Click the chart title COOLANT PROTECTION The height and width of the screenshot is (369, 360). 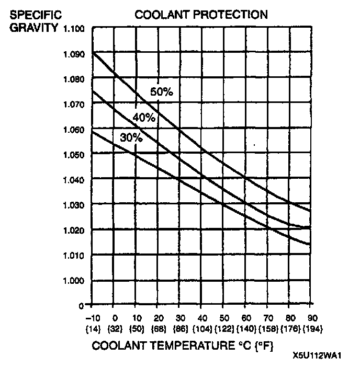(201, 15)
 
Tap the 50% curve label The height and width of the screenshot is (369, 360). (161, 92)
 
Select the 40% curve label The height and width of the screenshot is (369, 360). (144, 118)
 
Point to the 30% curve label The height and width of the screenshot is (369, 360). (131, 139)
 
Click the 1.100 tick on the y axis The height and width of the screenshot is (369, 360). (74, 28)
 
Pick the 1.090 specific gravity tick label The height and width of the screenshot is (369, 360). (74, 53)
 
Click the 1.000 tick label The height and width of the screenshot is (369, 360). (74, 281)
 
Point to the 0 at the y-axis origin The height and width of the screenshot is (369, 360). (81, 304)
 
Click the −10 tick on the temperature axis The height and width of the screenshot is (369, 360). (92, 318)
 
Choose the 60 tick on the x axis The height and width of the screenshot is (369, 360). (245, 318)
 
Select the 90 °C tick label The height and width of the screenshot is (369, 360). (311, 318)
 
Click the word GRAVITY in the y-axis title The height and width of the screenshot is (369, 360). (33, 27)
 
